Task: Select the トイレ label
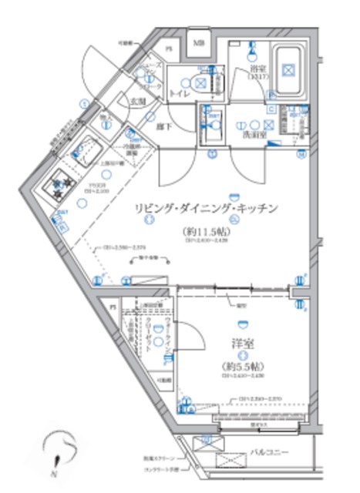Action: pos(179,93)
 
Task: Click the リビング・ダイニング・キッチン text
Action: pos(206,208)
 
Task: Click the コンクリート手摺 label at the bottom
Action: pos(163,468)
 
